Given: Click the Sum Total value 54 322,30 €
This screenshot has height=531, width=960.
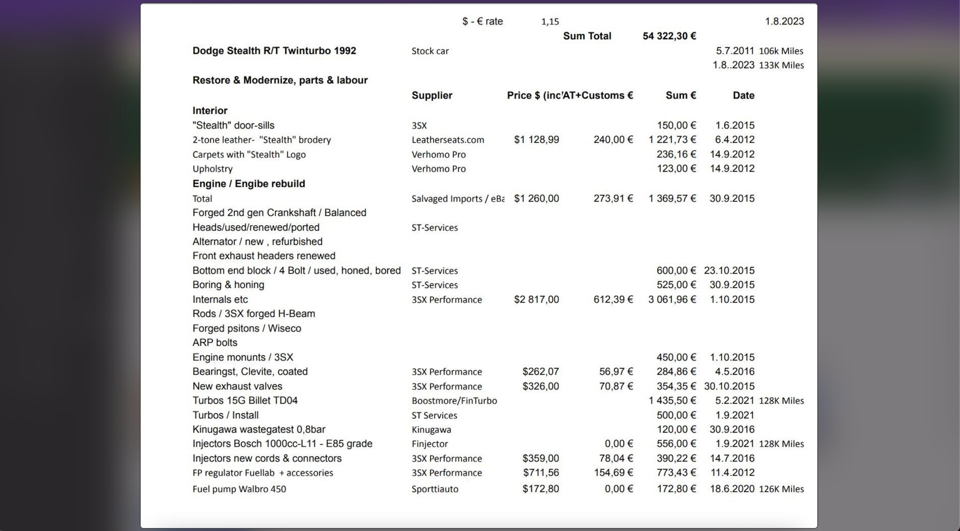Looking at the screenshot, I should (669, 36).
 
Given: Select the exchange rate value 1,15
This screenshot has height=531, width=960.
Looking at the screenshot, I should (550, 22).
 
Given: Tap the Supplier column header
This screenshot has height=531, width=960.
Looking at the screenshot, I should (432, 95).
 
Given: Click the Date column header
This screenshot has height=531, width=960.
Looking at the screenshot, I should (743, 95).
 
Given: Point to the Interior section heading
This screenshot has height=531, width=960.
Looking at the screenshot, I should (210, 111).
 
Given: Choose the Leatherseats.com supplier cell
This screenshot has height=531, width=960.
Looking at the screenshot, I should (448, 140).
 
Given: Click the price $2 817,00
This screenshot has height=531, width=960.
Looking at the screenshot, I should (536, 299).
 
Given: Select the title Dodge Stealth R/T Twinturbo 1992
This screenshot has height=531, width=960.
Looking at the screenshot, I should (274, 51).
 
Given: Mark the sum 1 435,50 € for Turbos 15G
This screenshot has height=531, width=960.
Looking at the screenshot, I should (672, 401).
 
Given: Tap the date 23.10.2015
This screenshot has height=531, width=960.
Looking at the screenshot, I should (729, 271).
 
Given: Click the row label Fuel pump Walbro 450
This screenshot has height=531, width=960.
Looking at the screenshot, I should (239, 489).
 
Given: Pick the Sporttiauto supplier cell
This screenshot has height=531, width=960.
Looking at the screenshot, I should (435, 489).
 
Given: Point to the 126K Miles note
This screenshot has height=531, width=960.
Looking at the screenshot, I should (781, 489).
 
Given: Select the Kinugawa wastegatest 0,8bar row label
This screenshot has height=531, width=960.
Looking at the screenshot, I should (259, 429).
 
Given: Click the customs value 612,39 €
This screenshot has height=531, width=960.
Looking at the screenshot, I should (613, 299).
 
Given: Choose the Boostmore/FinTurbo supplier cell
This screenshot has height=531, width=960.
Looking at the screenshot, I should (454, 401).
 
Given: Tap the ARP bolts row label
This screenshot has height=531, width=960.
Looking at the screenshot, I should (215, 342).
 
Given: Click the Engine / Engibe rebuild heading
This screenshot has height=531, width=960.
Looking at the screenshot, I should (248, 183).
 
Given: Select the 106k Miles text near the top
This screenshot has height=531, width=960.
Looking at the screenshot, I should (781, 51).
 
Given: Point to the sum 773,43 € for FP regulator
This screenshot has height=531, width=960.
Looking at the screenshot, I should (676, 472).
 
